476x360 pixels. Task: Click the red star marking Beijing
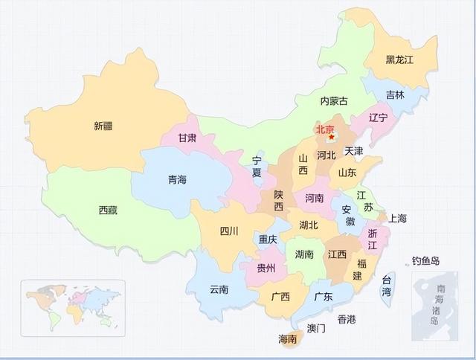[332, 137]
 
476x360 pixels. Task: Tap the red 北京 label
[324, 129]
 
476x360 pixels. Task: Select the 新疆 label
[103, 126]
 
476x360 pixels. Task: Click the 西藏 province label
[108, 210]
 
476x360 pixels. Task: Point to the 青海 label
[177, 179]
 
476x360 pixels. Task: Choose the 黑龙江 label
[399, 60]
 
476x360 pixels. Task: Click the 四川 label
[229, 231]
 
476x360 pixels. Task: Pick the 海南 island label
[287, 339]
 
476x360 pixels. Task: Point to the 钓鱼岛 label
[426, 261]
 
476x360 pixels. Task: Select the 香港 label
[347, 319]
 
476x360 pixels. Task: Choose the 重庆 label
[268, 240]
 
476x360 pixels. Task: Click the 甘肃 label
[187, 138]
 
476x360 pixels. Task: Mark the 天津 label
[354, 151]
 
